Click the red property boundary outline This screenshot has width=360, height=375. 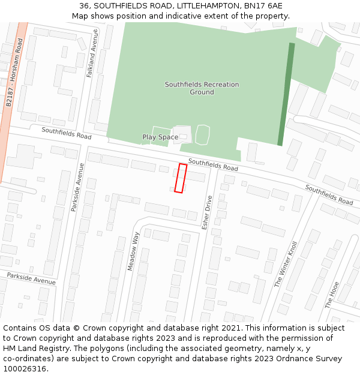(x=180, y=178)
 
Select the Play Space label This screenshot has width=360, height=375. (x=160, y=137)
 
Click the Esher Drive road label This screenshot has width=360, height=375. (x=207, y=212)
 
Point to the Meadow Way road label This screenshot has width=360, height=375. (x=134, y=251)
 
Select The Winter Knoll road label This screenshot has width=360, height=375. (x=286, y=265)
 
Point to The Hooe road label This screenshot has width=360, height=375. (x=332, y=295)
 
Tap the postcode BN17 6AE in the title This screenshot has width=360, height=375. (x=263, y=5)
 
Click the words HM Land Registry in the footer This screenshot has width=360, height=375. (x=34, y=349)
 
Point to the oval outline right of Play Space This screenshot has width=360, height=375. (x=203, y=134)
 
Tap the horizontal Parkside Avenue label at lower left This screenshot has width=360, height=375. (x=31, y=278)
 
